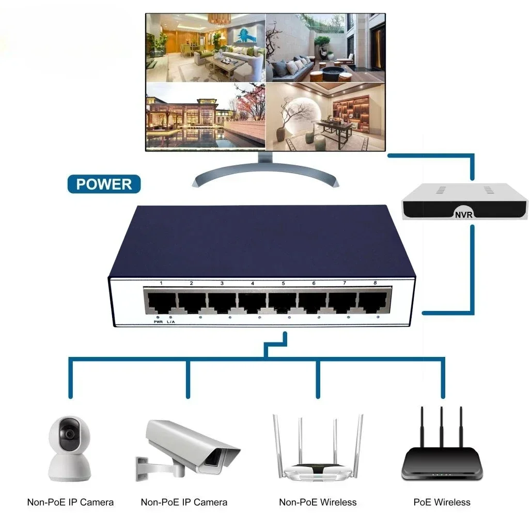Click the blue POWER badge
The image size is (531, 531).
pyautogui.click(x=104, y=184)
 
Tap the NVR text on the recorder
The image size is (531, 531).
pyautogui.click(x=463, y=214)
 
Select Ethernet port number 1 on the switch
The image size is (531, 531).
pyautogui.click(x=161, y=302)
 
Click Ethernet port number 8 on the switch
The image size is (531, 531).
pyautogui.click(x=374, y=302)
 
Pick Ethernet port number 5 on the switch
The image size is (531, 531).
pyautogui.click(x=283, y=302)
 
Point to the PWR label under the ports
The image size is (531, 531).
pyautogui.click(x=158, y=322)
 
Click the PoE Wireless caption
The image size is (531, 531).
pyautogui.click(x=442, y=502)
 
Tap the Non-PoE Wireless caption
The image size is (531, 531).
pyautogui.click(x=318, y=502)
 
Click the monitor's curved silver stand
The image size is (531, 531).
pyautogui.click(x=264, y=171)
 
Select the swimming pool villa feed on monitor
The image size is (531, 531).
pyautogui.click(x=205, y=116)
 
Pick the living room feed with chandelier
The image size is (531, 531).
pyautogui.click(x=205, y=48)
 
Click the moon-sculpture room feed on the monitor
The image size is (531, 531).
pyautogui.click(x=326, y=116)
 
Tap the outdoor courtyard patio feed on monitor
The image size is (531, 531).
pyautogui.click(x=326, y=48)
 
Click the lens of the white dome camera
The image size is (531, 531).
pyautogui.click(x=69, y=434)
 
